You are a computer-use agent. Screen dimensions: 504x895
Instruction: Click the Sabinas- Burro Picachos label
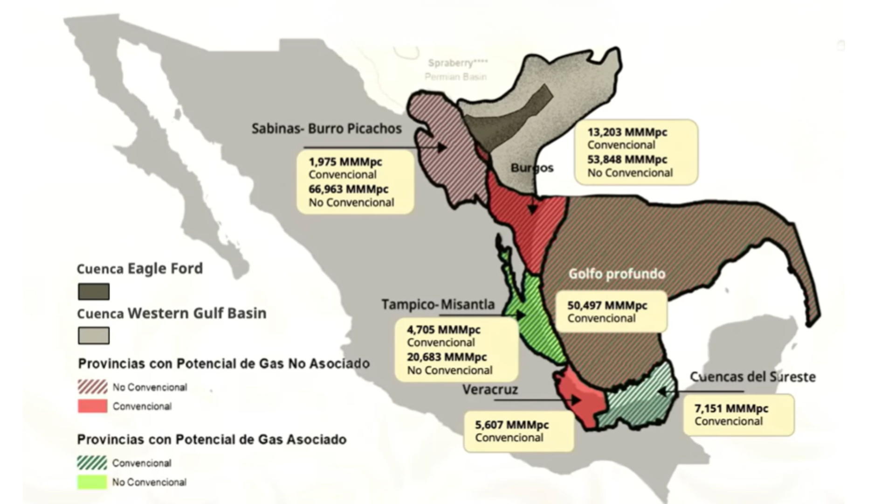click(326, 128)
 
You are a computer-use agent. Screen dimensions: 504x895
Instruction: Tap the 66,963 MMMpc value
click(348, 189)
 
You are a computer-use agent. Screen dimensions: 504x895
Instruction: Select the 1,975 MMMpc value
click(345, 162)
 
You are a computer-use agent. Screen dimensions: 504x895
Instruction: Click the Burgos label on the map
click(532, 168)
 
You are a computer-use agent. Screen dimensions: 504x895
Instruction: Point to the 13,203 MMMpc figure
click(627, 132)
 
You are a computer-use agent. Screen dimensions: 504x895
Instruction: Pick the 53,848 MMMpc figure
click(627, 160)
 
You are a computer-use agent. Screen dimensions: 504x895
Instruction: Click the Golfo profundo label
click(616, 273)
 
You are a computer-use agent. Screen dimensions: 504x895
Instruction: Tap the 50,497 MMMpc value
click(607, 306)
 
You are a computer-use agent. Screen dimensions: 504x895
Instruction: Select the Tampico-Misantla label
click(438, 304)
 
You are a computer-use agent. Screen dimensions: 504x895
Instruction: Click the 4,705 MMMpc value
click(443, 330)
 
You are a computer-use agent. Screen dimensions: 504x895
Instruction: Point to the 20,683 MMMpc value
click(447, 357)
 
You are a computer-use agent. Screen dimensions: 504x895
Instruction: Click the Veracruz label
click(490, 389)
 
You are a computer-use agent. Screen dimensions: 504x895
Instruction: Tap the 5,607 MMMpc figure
click(511, 425)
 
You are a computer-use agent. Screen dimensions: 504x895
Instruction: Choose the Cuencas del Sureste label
click(752, 377)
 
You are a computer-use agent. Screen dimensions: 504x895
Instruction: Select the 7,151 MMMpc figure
click(731, 409)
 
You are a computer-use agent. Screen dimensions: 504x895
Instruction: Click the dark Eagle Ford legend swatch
click(94, 292)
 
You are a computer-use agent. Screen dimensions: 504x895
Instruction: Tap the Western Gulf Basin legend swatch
click(94, 336)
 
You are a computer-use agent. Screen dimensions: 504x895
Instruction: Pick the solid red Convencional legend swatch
click(92, 406)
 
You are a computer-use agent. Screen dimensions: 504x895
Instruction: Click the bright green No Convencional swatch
click(92, 482)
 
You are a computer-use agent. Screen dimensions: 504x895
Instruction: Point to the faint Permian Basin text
click(455, 77)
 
